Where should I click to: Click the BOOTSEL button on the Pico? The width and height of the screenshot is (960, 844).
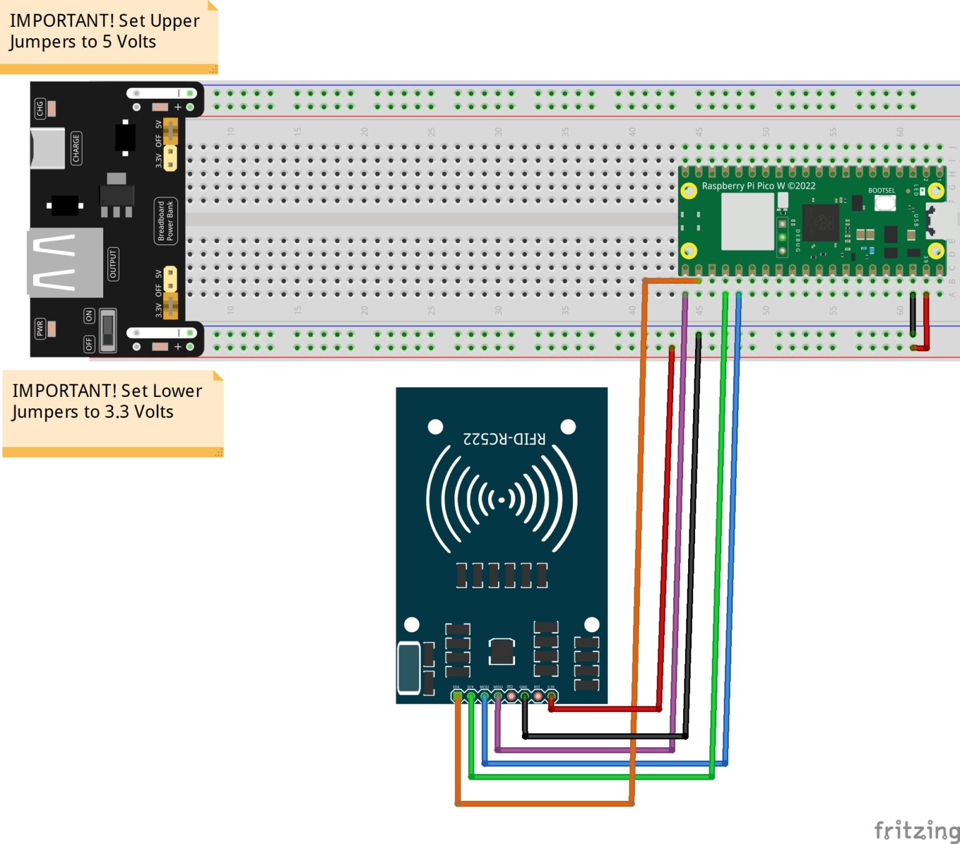pyautogui.click(x=884, y=203)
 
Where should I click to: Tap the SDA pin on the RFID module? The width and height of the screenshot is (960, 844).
pyautogui.click(x=457, y=696)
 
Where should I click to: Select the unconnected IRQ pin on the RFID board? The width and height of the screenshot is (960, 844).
pyautogui.click(x=511, y=696)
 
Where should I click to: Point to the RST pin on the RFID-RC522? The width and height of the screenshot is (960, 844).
pyautogui.click(x=537, y=696)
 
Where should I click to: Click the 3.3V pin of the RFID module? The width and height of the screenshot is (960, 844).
pyautogui.click(x=551, y=696)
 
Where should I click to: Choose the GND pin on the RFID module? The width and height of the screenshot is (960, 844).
pyautogui.click(x=524, y=696)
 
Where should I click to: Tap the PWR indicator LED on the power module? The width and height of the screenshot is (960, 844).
pyautogui.click(x=51, y=328)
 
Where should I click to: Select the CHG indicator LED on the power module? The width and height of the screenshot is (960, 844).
pyautogui.click(x=51, y=108)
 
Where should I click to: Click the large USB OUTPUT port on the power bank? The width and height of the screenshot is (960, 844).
pyautogui.click(x=64, y=262)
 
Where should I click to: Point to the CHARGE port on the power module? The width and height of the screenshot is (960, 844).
pyautogui.click(x=47, y=148)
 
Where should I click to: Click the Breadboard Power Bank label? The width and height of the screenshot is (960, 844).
pyautogui.click(x=166, y=221)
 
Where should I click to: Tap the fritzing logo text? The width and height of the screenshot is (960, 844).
pyautogui.click(x=916, y=830)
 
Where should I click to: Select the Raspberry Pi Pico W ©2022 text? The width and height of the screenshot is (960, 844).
pyautogui.click(x=758, y=186)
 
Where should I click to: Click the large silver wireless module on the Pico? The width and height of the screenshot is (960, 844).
pyautogui.click(x=747, y=221)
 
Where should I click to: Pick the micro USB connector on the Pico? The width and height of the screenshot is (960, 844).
pyautogui.click(x=941, y=221)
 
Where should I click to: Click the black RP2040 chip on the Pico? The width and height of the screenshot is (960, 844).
pyautogui.click(x=820, y=222)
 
